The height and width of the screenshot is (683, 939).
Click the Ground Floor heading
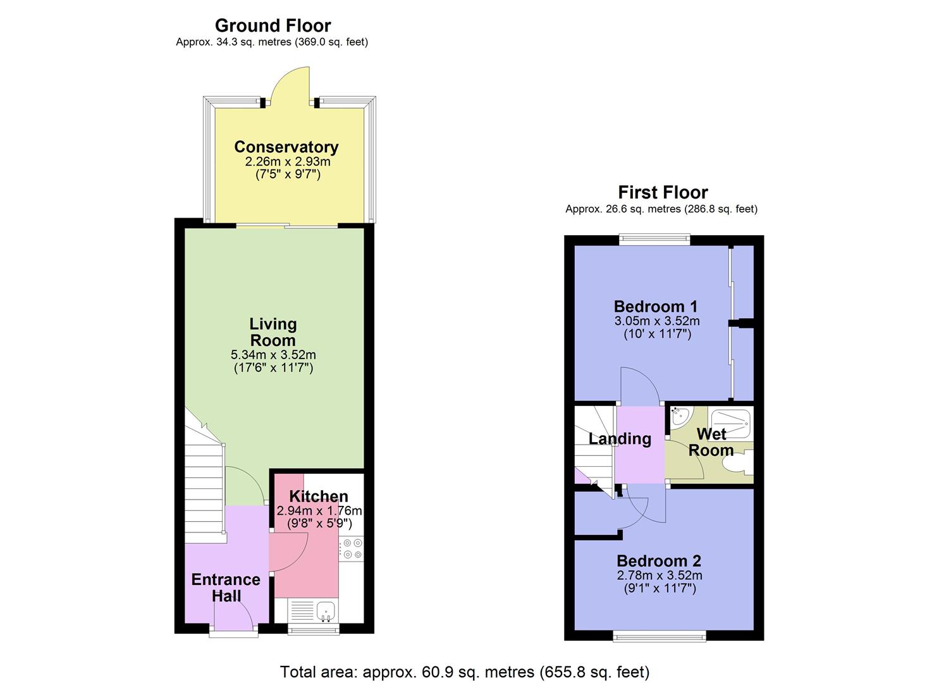[273, 26]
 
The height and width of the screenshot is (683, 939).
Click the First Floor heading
[663, 192]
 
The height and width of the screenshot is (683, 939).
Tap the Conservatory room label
[286, 147]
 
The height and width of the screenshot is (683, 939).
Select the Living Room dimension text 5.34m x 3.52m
[273, 355]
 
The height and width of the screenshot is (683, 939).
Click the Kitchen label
[319, 496]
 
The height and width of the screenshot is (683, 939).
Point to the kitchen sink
[325, 610]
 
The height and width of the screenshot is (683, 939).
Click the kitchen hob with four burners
[352, 549]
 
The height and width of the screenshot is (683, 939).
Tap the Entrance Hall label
[226, 588]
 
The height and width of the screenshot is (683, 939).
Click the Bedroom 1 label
[656, 307]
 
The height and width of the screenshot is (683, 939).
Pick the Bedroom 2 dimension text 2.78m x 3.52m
[660, 575]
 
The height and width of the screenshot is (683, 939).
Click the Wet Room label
[711, 442]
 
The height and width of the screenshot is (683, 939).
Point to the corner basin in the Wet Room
[678, 415]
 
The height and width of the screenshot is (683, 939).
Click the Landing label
[620, 439]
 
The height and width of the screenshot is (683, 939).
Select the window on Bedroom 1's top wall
[654, 240]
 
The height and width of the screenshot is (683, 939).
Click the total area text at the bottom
[465, 672]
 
